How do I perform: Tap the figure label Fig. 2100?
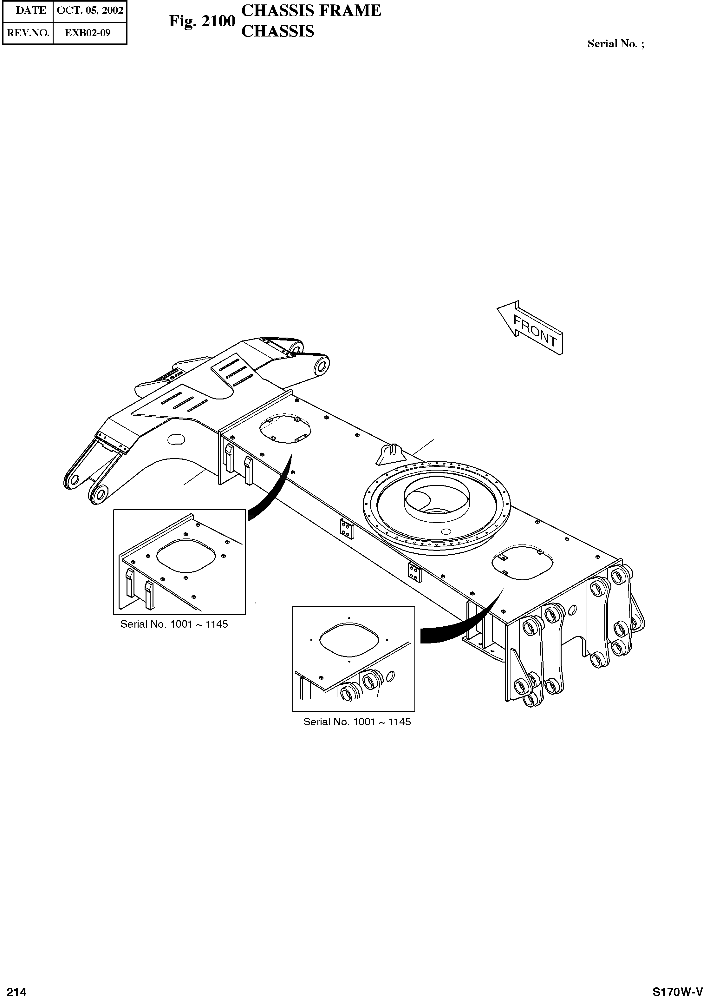pos(202,21)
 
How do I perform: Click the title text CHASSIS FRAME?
pos(311,10)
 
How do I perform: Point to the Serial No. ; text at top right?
pos(615,44)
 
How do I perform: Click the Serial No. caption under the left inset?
pos(174,624)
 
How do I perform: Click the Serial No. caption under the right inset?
pos(357,722)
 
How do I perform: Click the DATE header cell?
pos(31,11)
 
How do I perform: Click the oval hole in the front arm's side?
pos(176,439)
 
